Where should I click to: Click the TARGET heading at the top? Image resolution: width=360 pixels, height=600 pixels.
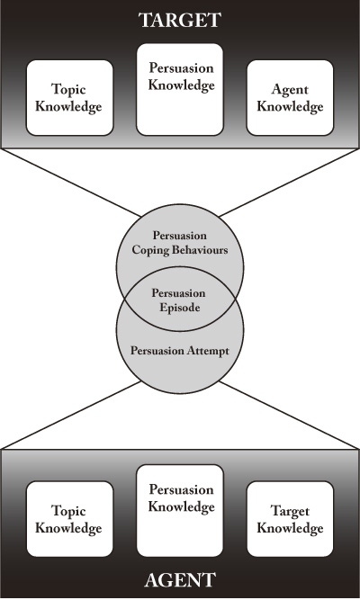180,20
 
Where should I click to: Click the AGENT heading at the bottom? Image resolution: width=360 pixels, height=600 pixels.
180,580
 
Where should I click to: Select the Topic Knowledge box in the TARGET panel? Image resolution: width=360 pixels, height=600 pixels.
69,97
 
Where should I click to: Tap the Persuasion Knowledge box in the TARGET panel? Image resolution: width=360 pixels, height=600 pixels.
180,90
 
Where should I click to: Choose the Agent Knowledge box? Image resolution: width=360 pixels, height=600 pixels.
290,97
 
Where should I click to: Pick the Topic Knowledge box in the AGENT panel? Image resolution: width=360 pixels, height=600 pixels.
69,519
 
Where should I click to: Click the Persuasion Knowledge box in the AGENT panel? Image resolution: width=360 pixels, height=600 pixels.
180,511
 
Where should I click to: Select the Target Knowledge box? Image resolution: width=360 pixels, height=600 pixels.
290,519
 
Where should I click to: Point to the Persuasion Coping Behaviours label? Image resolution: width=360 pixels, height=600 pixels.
180,243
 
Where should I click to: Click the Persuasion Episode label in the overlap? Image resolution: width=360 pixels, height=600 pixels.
179,300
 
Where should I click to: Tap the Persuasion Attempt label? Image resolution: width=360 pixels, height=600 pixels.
180,351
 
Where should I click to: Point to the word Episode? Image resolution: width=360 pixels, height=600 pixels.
180,308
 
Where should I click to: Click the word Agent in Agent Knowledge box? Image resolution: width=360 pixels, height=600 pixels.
290,90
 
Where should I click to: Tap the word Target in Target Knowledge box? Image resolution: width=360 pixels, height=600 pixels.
290,512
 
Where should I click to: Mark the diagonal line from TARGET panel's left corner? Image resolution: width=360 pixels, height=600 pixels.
70,182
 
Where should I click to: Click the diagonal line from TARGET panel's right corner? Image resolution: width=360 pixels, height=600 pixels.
290,182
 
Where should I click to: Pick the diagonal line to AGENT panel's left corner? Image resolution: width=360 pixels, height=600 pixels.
70,415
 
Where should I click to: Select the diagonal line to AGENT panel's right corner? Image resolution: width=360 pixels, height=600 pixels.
290,415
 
